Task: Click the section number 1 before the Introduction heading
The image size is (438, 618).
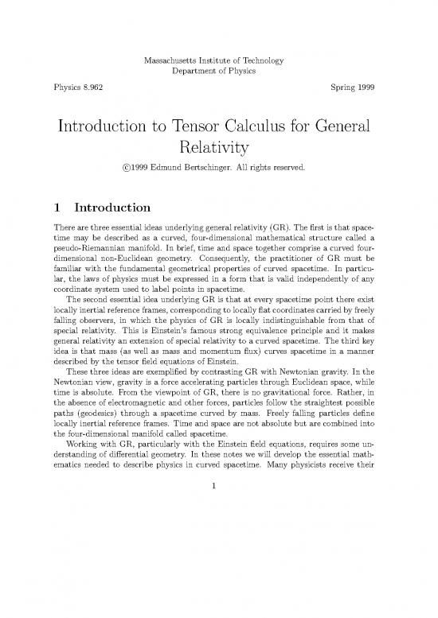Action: click(x=57, y=210)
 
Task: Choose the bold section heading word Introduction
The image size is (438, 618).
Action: click(x=119, y=210)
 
